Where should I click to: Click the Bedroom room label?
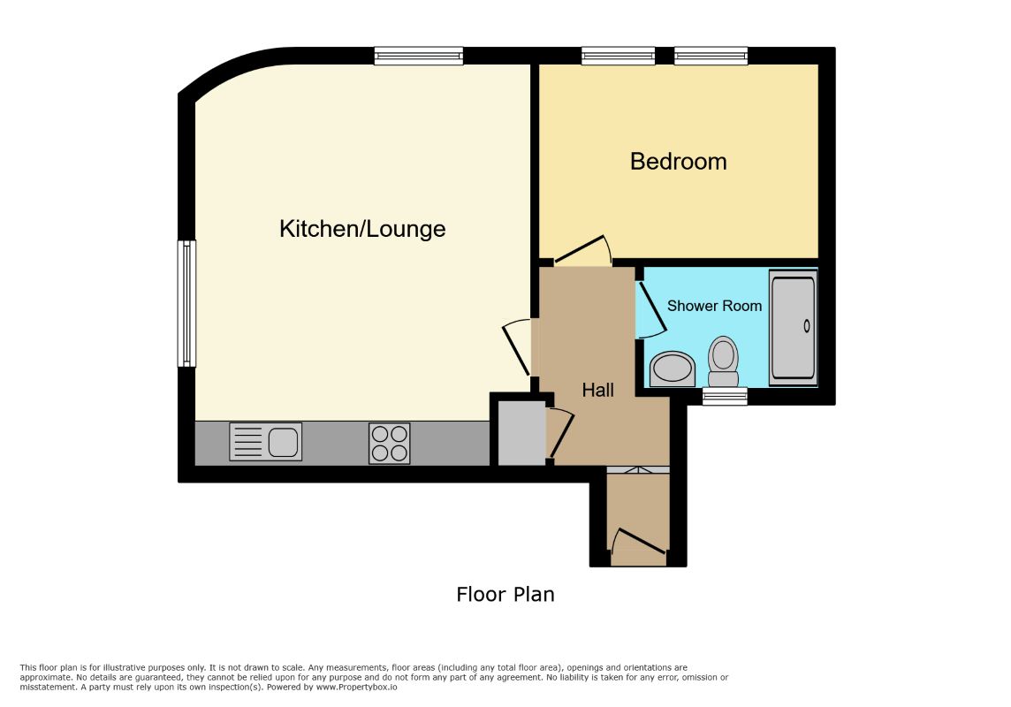[679, 162]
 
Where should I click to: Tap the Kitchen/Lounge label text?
[362, 229]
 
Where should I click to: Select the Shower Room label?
[714, 306]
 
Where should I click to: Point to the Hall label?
[597, 390]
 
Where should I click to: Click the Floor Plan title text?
[505, 594]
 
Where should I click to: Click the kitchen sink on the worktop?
[266, 442]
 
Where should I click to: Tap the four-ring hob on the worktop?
[390, 444]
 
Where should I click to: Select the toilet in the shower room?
[724, 361]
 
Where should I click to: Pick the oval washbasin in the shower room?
[673, 369]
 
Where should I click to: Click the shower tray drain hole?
[807, 326]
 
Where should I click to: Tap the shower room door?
[650, 309]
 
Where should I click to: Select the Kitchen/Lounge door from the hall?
[516, 347]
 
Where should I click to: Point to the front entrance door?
[638, 543]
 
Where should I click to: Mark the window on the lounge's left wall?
[187, 303]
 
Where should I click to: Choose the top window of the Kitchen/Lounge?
[419, 56]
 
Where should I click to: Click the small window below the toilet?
[725, 396]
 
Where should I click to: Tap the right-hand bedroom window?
[711, 56]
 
